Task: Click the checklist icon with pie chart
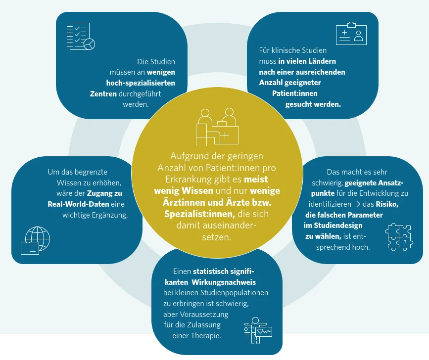point(81,37)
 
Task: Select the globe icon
point(35,240)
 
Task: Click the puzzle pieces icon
point(399,237)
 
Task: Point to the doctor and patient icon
point(217,127)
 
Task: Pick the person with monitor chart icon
point(258,330)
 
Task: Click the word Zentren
point(103,94)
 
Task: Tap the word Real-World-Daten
point(78,204)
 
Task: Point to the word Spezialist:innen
point(199,214)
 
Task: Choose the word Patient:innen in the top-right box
point(295,93)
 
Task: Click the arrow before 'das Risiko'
point(357,204)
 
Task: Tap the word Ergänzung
point(110,215)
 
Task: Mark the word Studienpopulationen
point(234,293)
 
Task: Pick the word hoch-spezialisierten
point(141,83)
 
